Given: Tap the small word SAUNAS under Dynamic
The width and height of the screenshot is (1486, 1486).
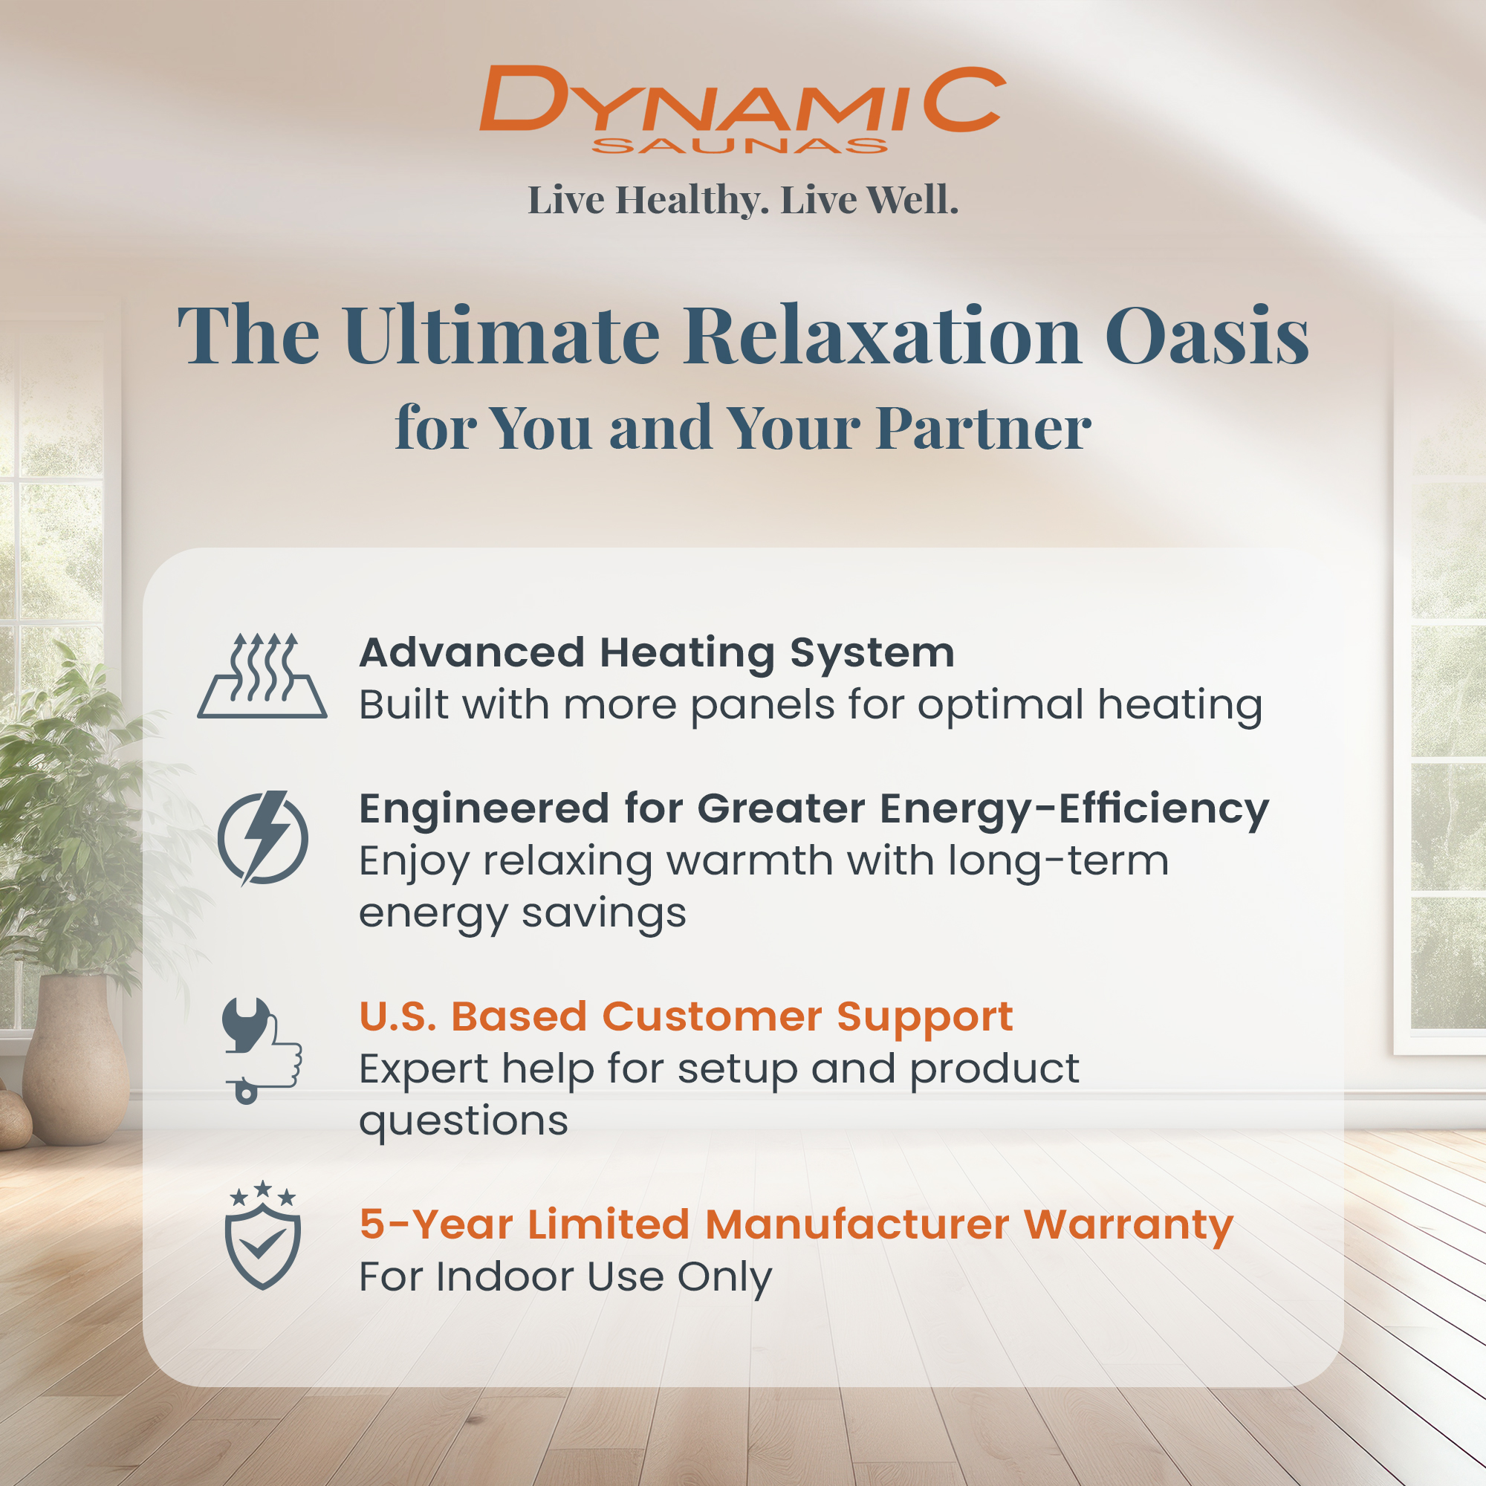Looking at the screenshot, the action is click(x=740, y=146).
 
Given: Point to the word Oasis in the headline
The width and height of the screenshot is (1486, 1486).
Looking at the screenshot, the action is click(x=1207, y=336).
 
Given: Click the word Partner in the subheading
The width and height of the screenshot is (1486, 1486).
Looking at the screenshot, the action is click(x=984, y=428).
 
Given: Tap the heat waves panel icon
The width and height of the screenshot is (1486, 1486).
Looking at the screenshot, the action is click(x=262, y=676).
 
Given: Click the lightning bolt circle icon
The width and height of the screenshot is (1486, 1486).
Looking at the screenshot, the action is click(x=263, y=837).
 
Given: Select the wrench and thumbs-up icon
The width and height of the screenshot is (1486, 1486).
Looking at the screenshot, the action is click(x=262, y=1051).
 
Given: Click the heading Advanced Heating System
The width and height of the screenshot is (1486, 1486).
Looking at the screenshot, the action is click(x=657, y=654).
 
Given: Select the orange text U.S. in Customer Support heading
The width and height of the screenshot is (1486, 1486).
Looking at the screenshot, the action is click(x=398, y=1017).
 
